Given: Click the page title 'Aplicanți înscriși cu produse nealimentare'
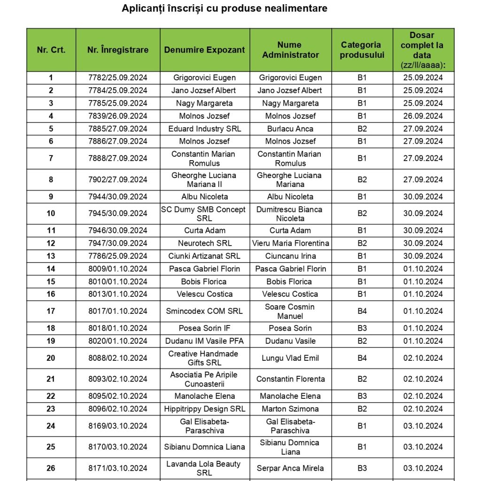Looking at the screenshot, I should coord(225,8).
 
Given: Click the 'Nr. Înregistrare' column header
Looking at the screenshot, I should coord(118,50).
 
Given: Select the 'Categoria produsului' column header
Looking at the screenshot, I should coord(362,50).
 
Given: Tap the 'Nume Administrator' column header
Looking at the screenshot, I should coord(290,50).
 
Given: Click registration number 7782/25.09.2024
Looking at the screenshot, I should coord(118,78).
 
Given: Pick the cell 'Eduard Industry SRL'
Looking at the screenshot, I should coord(204,129).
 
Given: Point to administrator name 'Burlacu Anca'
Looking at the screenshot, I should coord(290,129).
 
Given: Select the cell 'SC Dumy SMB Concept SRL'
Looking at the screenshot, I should coord(204,214).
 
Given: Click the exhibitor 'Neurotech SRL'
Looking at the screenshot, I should coord(204,243).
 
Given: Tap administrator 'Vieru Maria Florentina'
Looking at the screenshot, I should coord(290,243).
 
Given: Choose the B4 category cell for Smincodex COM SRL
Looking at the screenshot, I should coord(362,311).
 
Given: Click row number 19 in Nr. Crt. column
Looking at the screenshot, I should coord(51,341).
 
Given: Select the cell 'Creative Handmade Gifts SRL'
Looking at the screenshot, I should coord(204,358).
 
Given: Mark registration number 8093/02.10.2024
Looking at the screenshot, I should coord(118,379).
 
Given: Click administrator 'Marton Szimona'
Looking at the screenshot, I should coord(290,409).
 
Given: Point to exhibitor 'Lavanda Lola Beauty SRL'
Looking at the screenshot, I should coord(204,468).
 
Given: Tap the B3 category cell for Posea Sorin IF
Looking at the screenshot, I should coord(362,328).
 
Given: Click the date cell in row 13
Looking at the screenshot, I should coord(423,256).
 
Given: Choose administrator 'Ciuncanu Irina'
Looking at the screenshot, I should coord(290,256).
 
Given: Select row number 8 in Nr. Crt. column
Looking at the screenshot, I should coord(51,179).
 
